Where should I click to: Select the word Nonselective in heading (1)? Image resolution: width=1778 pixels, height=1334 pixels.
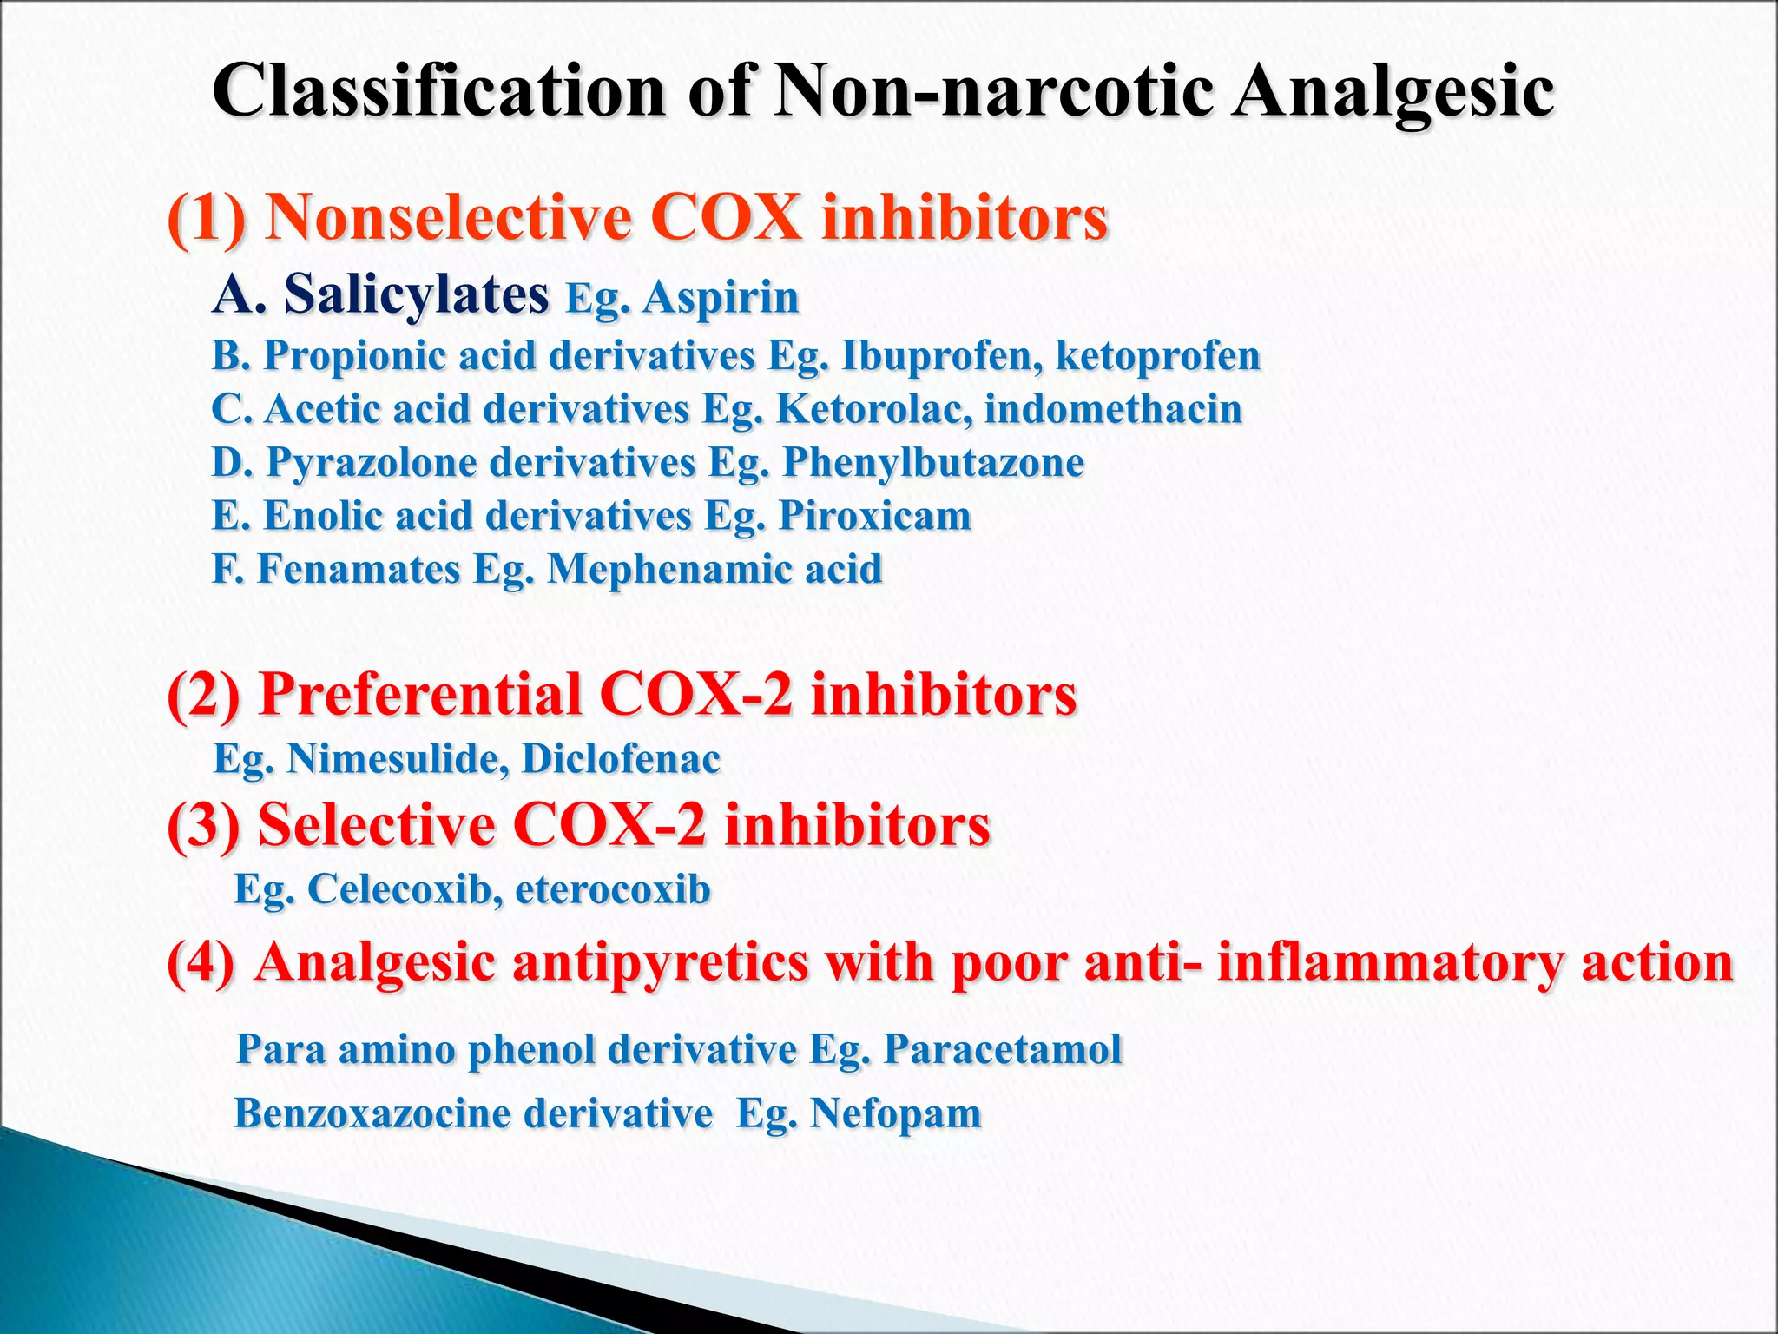tap(448, 217)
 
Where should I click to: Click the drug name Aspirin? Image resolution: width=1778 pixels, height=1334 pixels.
tap(721, 298)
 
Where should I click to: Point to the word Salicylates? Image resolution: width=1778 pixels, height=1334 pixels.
tap(417, 295)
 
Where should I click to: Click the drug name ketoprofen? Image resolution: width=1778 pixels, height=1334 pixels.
tap(1158, 356)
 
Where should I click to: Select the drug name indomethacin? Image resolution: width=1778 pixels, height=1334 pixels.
tap(1113, 409)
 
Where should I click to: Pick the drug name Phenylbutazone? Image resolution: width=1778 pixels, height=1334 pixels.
tap(933, 462)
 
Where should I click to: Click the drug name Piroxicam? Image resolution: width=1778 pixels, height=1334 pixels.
tap(874, 516)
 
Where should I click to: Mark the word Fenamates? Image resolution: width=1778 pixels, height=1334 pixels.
tap(359, 570)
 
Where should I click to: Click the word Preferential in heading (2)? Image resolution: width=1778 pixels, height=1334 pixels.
tap(420, 695)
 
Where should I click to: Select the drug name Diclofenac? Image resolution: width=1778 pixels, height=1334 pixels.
tap(621, 759)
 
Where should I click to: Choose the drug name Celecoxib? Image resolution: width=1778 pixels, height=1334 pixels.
tap(404, 889)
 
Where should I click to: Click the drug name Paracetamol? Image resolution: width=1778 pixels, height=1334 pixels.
tap(1003, 1049)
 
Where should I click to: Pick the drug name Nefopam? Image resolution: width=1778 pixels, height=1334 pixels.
tap(895, 1113)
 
